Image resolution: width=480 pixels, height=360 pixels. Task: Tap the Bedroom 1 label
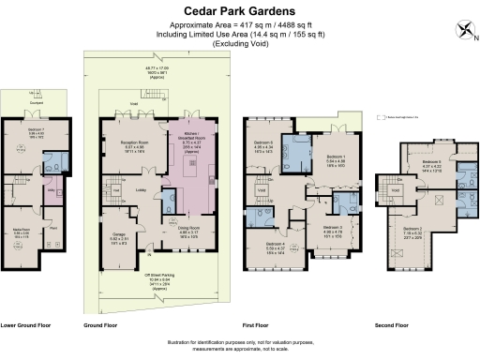[336, 157]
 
